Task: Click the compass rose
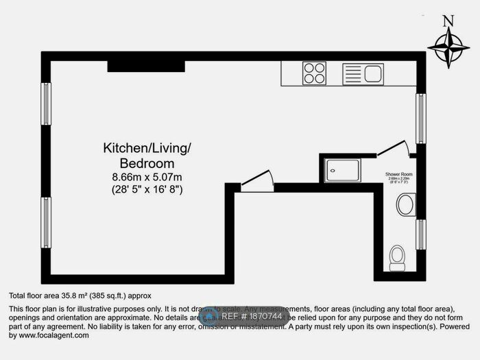coord(448,49)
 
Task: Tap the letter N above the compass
coord(448,21)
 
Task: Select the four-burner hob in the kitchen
coord(314,73)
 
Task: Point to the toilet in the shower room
coord(396,256)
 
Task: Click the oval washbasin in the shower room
coord(405,204)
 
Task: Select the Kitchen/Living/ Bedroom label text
coord(147,155)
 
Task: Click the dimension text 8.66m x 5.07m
coord(147,176)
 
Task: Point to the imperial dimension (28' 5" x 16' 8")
coord(147,189)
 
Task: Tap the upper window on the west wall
coord(46,107)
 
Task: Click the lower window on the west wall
coord(46,222)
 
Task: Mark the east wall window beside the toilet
coord(420,234)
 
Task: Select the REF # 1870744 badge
coord(243,317)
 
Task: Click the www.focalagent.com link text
coord(54,336)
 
